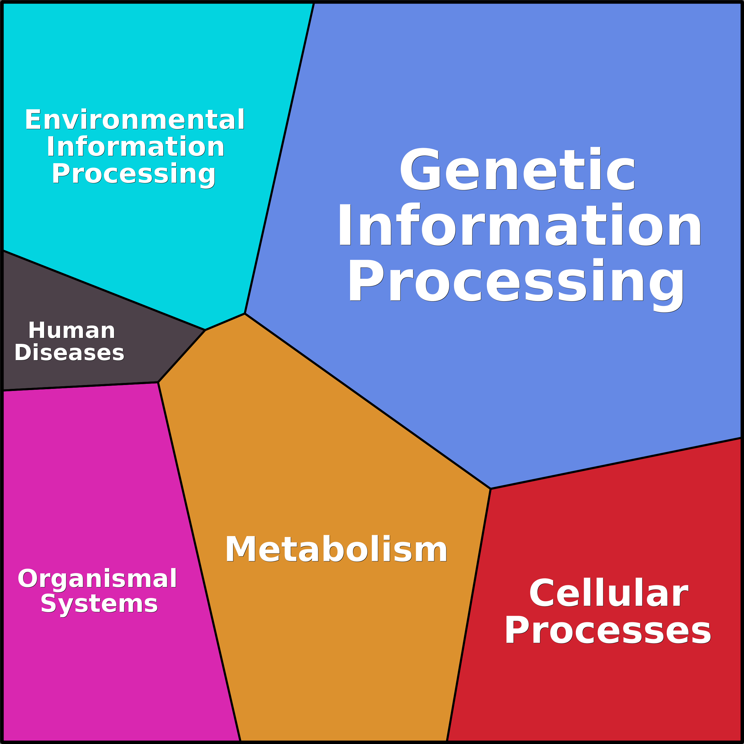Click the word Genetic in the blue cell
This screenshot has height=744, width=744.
click(517, 169)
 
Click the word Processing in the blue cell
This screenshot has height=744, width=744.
click(516, 281)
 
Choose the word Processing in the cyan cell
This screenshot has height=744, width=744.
click(134, 174)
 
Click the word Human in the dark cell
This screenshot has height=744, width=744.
click(72, 331)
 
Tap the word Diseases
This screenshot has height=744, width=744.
click(69, 353)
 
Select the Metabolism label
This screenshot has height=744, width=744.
click(336, 550)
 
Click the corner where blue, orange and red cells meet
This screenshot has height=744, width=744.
click(490, 489)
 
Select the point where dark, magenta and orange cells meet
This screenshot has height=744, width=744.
click(158, 382)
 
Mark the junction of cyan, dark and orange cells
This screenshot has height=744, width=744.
click(205, 330)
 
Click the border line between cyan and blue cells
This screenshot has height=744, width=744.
click(280, 158)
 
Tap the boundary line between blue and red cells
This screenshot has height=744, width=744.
click(616, 464)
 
